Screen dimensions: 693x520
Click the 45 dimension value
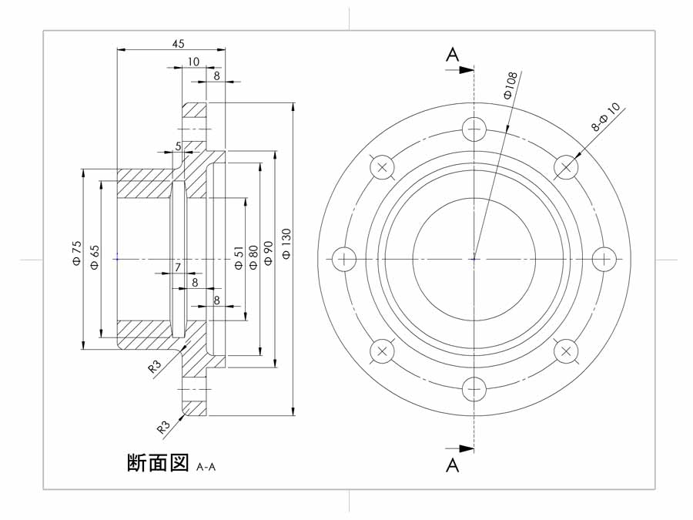pyautogui.click(x=178, y=43)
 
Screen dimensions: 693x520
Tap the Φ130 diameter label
pyautogui.click(x=286, y=243)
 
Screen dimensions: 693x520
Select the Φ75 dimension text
pyautogui.click(x=76, y=253)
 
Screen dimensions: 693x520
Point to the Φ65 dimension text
pyautogui.click(x=95, y=257)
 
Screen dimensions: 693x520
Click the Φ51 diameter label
pyautogui.click(x=238, y=258)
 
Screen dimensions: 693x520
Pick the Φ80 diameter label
pyautogui.click(x=253, y=257)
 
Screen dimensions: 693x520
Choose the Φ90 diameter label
pyautogui.click(x=268, y=253)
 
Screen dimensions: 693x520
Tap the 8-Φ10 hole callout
pyautogui.click(x=606, y=117)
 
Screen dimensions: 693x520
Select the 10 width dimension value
pyautogui.click(x=193, y=62)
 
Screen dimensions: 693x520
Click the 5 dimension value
pyautogui.click(x=178, y=146)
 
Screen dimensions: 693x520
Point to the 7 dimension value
pyautogui.click(x=178, y=267)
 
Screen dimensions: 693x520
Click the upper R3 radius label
pyautogui.click(x=155, y=366)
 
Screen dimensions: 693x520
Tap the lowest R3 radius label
pyautogui.click(x=164, y=427)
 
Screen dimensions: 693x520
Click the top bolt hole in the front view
pyautogui.click(x=474, y=129)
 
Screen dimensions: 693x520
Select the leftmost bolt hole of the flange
pyautogui.click(x=344, y=259)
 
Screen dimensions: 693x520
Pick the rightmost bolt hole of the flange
pyautogui.click(x=604, y=259)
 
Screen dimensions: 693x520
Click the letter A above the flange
pyautogui.click(x=452, y=55)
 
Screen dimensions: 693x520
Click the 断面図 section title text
pyautogui.click(x=158, y=462)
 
